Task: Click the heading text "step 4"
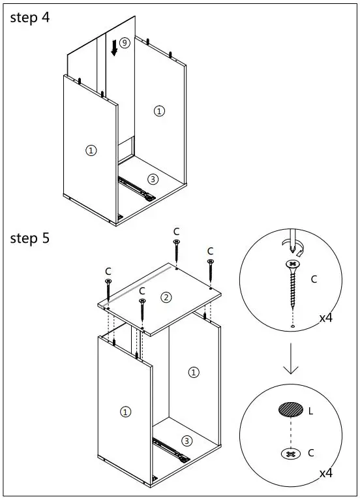pyautogui.click(x=30, y=18)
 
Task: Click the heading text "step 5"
pyautogui.click(x=30, y=238)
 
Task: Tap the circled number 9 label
pyautogui.click(x=125, y=42)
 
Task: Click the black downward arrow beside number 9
pyautogui.click(x=114, y=48)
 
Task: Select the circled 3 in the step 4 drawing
pyautogui.click(x=153, y=180)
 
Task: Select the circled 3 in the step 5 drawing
pyautogui.click(x=187, y=441)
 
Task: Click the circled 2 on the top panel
pyautogui.click(x=166, y=298)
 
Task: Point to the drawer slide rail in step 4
pyautogui.click(x=136, y=189)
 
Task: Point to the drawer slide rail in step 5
pyautogui.click(x=171, y=450)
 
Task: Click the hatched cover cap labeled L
pyautogui.click(x=291, y=409)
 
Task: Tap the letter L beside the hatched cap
pyautogui.click(x=310, y=411)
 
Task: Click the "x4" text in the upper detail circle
pyautogui.click(x=326, y=318)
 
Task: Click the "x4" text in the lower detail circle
pyautogui.click(x=326, y=473)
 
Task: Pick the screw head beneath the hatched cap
pyautogui.click(x=291, y=454)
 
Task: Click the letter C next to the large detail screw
pyautogui.click(x=314, y=279)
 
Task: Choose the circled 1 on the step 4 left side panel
pyautogui.click(x=91, y=150)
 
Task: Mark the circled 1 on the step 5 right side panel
pyautogui.click(x=194, y=372)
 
